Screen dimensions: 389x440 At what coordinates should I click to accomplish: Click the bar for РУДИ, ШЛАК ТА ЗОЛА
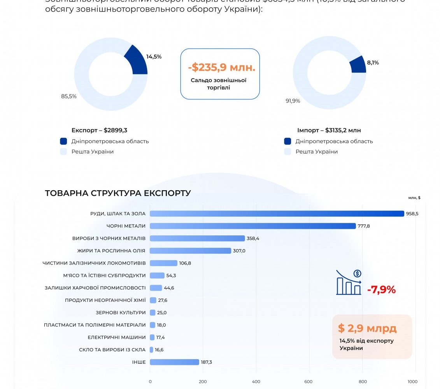277,214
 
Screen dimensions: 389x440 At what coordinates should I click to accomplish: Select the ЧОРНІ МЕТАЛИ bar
252,226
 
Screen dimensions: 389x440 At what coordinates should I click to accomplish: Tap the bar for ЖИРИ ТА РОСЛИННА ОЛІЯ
190,251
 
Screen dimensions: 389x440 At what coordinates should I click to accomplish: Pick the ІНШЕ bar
174,362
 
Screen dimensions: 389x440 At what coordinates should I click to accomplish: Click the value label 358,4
253,238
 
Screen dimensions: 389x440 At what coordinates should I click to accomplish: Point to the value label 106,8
185,263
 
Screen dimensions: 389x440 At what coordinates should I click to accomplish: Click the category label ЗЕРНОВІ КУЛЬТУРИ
121,313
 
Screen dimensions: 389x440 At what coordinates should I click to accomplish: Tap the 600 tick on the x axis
309,382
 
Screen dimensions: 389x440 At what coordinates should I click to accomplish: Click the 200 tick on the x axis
203,382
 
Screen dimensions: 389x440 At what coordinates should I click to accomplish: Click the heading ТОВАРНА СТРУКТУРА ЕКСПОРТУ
118,193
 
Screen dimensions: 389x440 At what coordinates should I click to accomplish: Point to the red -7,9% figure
381,290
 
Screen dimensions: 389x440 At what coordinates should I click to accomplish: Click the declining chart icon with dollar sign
349,283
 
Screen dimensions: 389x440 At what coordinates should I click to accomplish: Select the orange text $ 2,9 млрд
367,328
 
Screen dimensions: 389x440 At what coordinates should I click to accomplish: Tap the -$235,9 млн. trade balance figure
221,68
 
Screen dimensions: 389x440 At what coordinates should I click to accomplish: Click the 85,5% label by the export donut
69,96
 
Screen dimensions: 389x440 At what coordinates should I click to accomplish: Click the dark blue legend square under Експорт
64,141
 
